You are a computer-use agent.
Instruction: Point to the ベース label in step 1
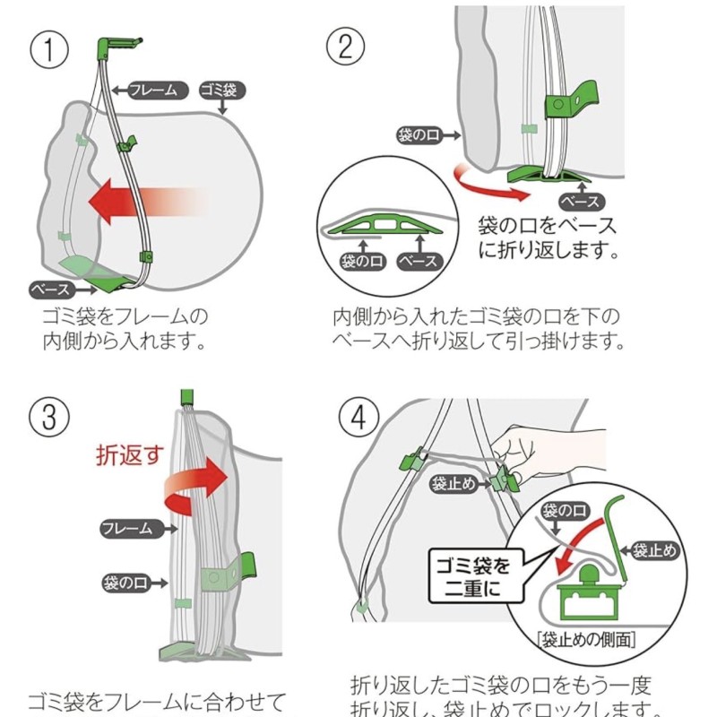click(51, 290)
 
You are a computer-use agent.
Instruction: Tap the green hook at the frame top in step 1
click(115, 44)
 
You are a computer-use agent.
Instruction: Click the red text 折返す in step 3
click(131, 455)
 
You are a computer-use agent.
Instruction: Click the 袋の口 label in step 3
click(128, 583)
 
